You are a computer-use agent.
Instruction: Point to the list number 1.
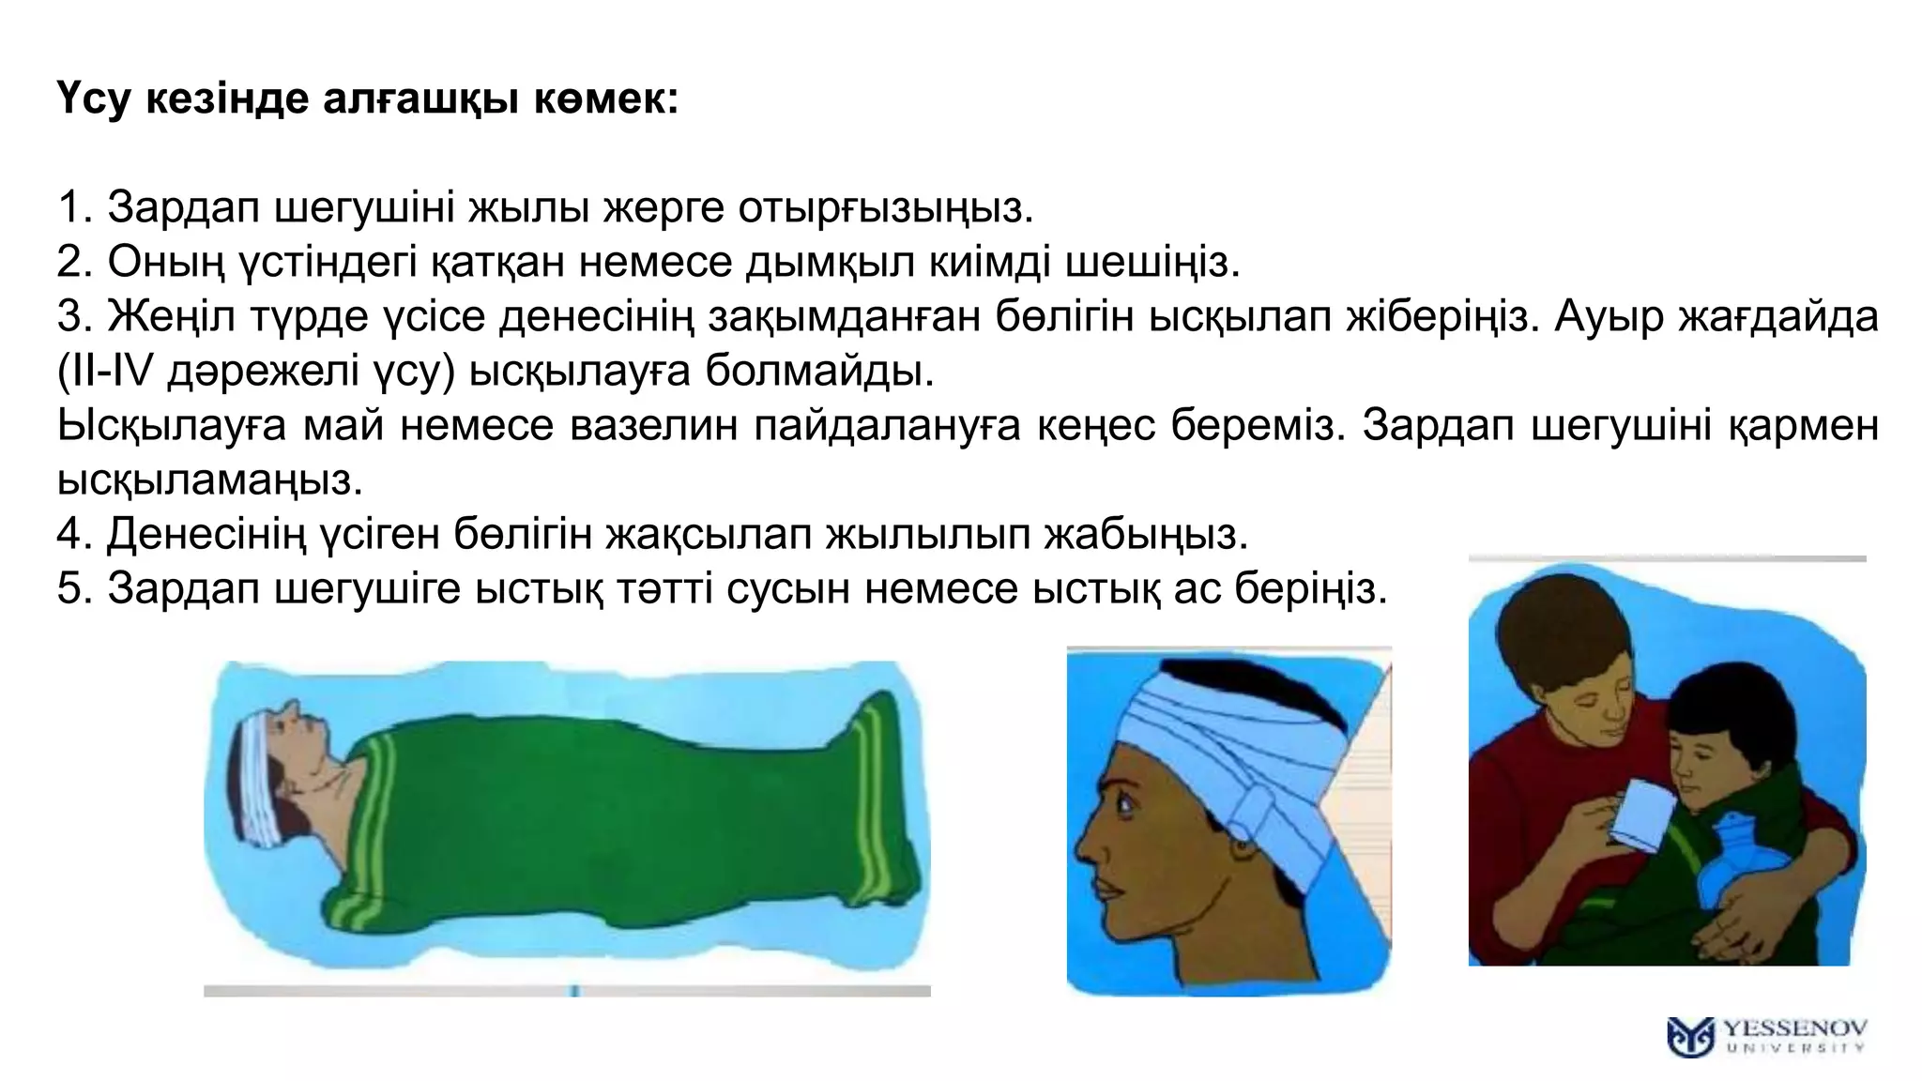(73, 207)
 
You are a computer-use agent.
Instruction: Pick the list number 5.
(73, 589)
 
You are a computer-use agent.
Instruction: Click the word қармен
(1802, 425)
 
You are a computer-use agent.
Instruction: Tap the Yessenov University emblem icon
(1690, 1037)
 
